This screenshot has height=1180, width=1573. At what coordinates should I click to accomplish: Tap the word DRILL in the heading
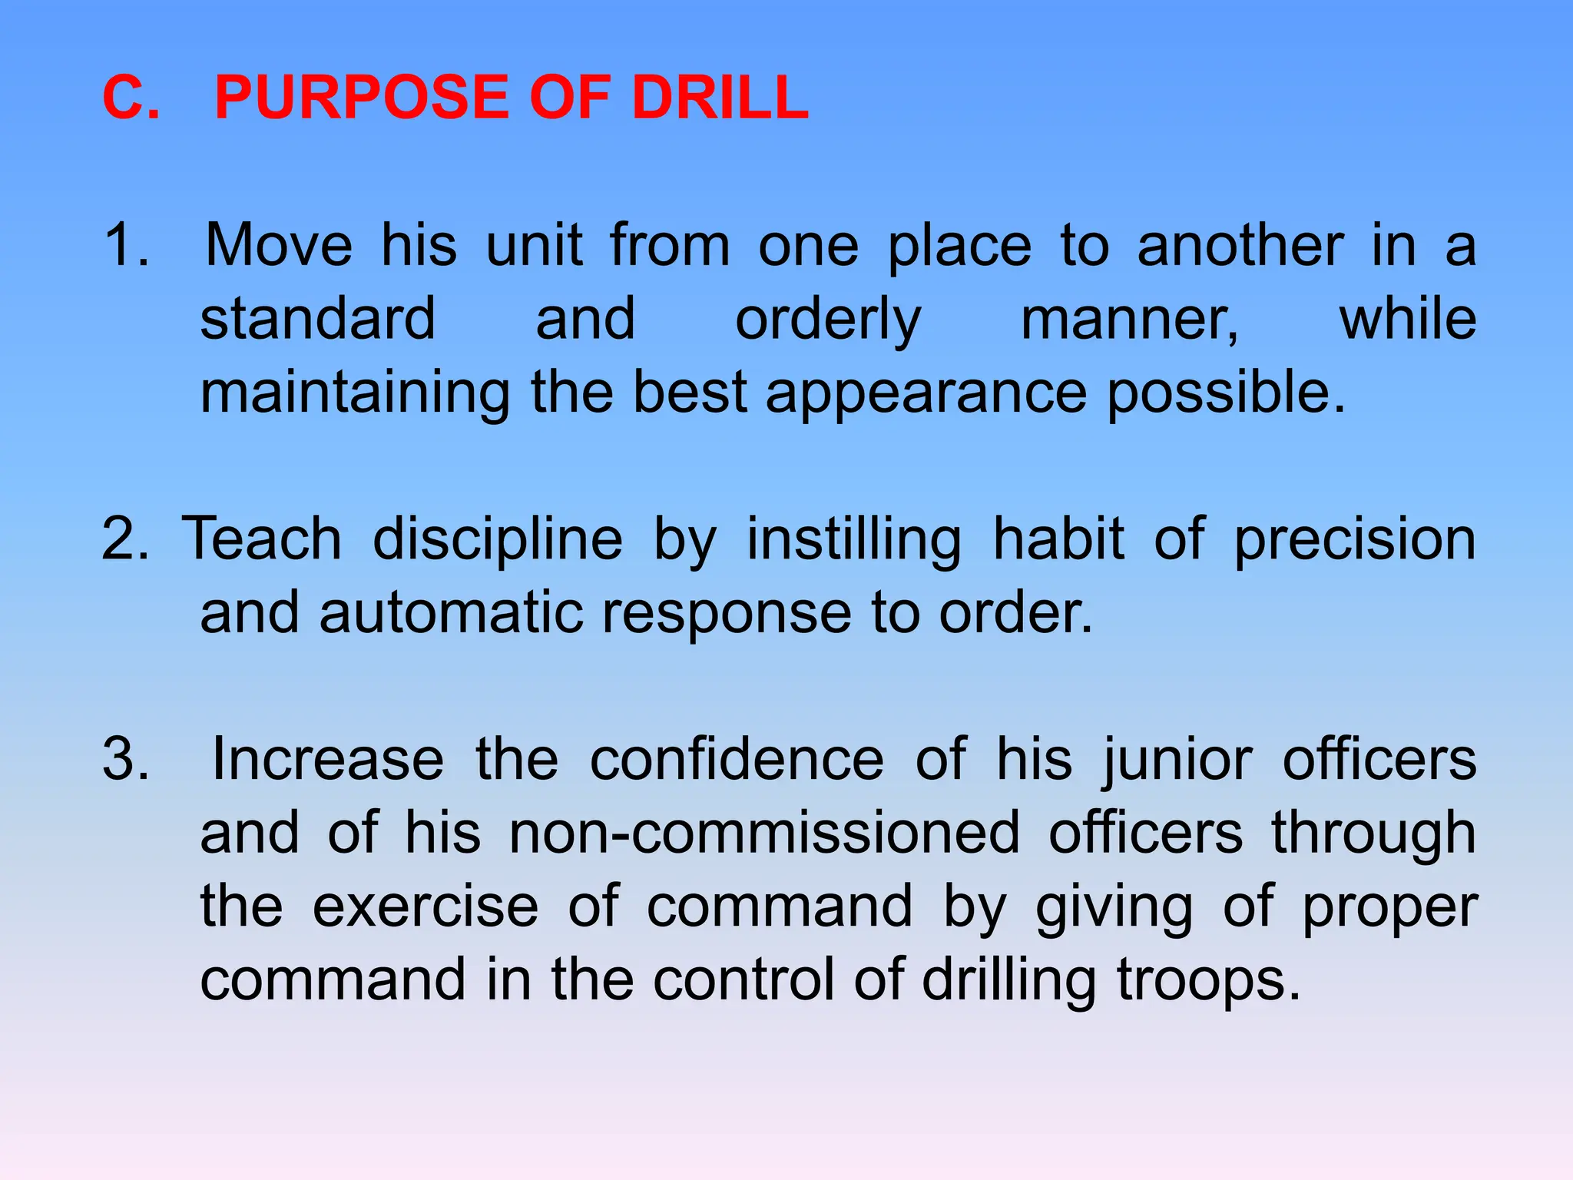coord(720,98)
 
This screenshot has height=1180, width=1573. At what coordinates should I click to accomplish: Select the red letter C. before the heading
coord(131,98)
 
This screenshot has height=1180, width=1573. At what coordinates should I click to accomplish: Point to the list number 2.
coord(124,539)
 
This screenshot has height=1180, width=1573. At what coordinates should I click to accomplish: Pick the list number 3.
coord(125,759)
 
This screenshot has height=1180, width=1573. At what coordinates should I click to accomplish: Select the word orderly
coord(828,320)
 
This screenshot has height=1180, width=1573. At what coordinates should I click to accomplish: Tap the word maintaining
coord(355,393)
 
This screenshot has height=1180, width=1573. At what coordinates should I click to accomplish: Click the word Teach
coord(261,539)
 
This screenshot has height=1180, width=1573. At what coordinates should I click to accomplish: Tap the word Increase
coord(328,759)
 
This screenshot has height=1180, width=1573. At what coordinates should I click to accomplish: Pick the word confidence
coord(737,759)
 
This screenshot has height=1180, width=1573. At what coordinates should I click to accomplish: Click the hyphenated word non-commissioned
coord(764,833)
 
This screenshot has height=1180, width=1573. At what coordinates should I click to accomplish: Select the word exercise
coord(426,907)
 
